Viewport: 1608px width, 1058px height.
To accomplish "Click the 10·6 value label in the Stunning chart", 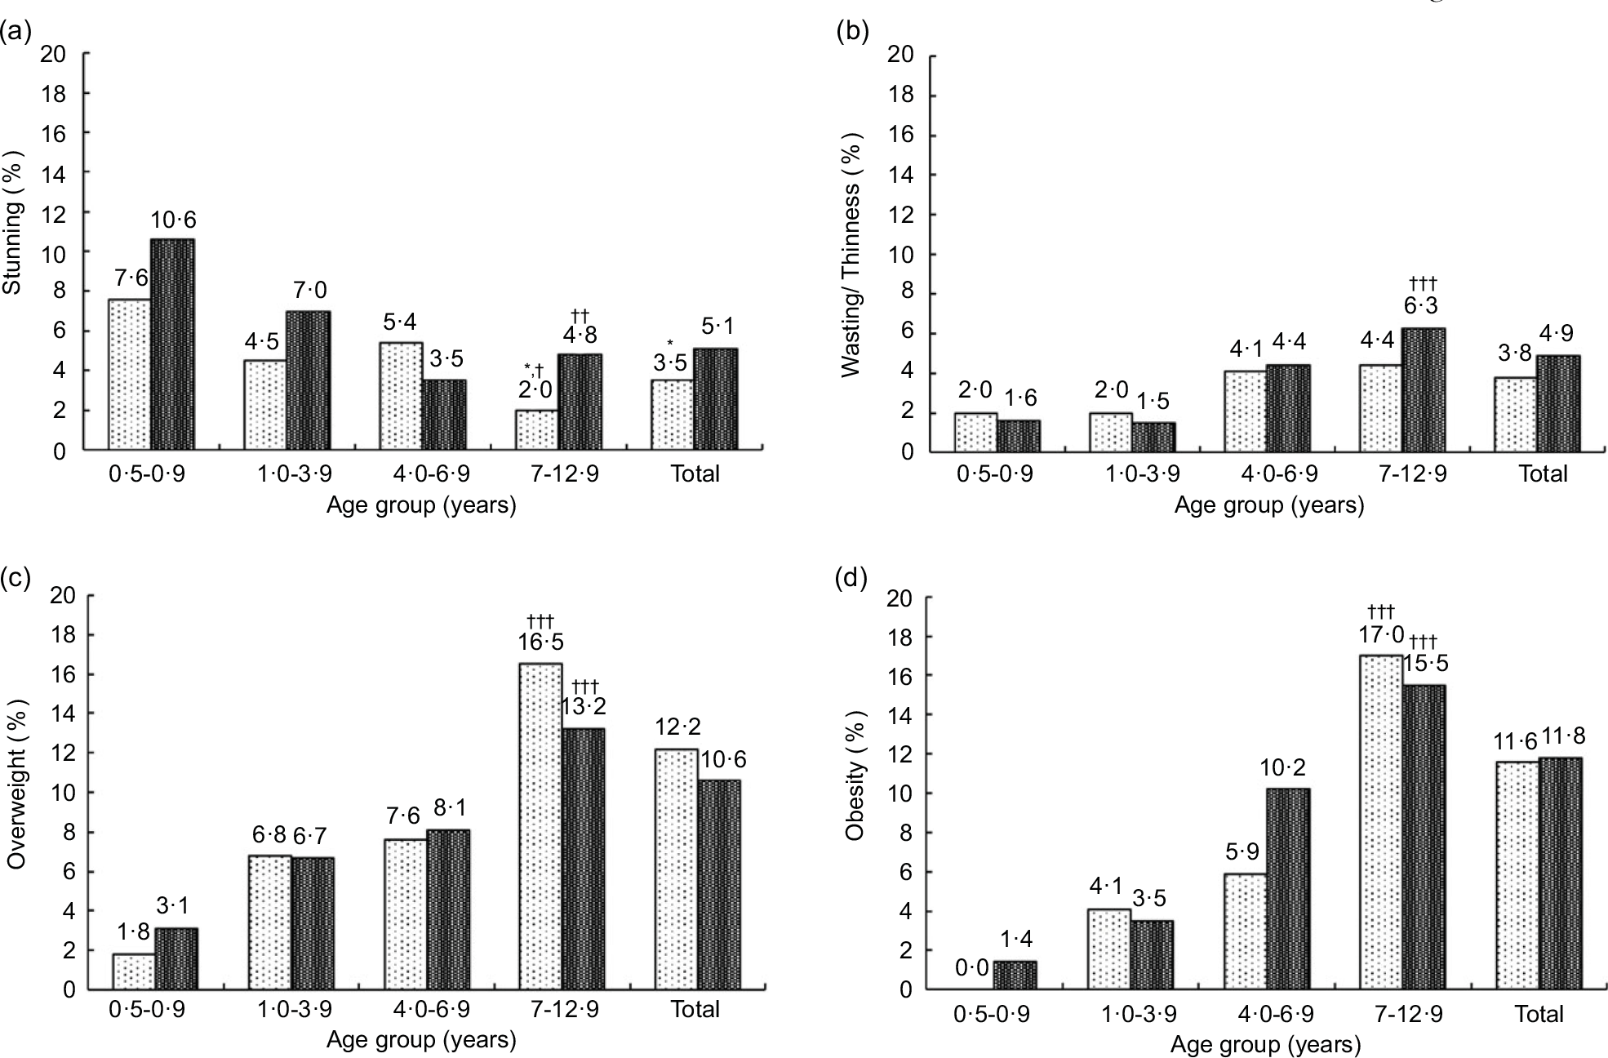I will (x=173, y=220).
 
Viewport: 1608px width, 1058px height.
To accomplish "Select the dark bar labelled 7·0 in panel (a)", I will (x=309, y=380).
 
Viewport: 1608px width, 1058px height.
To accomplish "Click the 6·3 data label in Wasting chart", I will (x=1423, y=305).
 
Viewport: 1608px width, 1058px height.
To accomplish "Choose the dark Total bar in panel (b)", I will (x=1558, y=403).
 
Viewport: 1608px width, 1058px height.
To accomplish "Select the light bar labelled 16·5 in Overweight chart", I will (x=540, y=826).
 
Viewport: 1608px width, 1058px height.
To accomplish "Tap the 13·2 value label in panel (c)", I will (x=583, y=706).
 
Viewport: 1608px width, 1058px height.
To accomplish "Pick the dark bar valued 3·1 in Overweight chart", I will (x=176, y=958).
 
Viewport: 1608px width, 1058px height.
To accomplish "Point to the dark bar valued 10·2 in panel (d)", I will (x=1288, y=889).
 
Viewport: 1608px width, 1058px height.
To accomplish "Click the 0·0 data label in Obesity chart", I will (x=971, y=968).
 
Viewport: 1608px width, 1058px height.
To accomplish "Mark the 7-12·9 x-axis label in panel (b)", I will (x=1402, y=474).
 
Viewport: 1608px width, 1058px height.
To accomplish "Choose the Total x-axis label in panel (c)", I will (x=695, y=1010).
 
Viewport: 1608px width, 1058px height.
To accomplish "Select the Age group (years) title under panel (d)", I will (x=1265, y=1044).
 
